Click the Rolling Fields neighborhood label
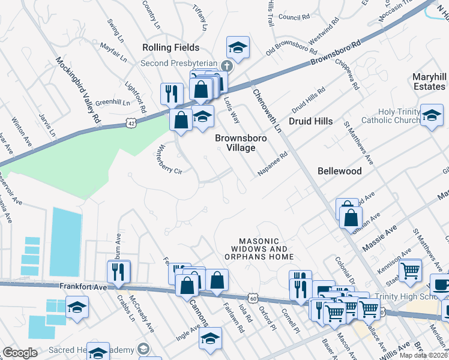tap(170, 47)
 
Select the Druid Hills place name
tap(310, 121)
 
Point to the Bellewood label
tap(340, 171)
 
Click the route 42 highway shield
tap(131, 122)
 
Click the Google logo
tap(20, 352)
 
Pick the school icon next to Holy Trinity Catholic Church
tap(432, 115)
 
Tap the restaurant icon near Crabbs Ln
tap(119, 271)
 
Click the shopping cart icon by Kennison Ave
tap(410, 269)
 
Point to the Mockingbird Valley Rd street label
tap(78, 91)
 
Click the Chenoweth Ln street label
tap(267, 111)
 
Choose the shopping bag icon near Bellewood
tap(351, 217)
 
